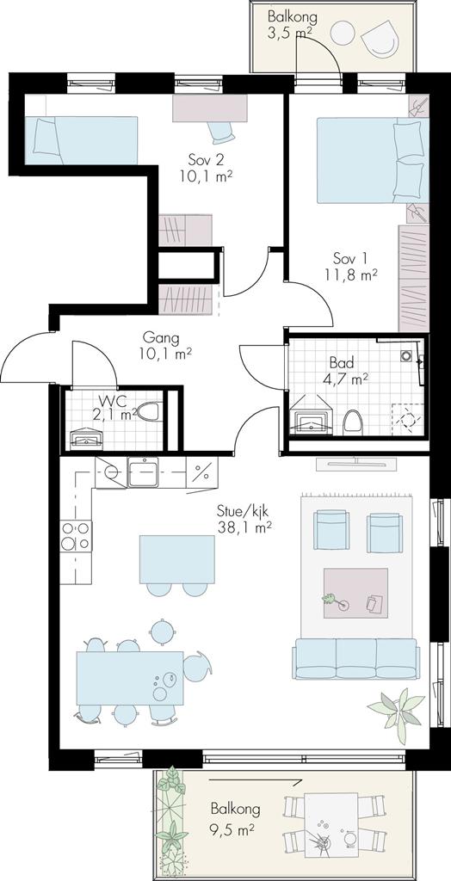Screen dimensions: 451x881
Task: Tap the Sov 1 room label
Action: [x=349, y=259]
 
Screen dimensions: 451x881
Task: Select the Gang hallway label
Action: [x=161, y=338]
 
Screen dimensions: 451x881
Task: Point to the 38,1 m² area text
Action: [x=244, y=527]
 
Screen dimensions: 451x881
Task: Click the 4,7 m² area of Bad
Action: [x=346, y=379]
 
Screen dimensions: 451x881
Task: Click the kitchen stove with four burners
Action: [x=76, y=535]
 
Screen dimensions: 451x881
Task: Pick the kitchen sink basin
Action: [x=143, y=472]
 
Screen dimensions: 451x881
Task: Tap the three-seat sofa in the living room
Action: [x=355, y=658]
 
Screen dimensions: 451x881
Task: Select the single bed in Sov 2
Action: [x=81, y=140]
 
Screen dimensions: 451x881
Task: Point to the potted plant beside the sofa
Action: [x=396, y=710]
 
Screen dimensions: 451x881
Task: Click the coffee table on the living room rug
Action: [x=355, y=594]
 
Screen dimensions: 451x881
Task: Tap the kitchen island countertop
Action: [x=177, y=559]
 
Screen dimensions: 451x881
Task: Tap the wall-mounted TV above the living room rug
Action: [x=357, y=464]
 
